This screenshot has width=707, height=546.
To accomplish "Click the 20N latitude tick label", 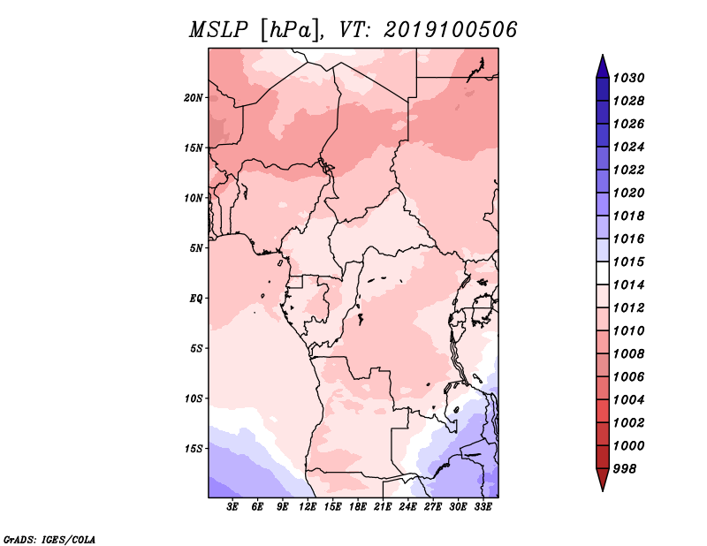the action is click(x=194, y=98).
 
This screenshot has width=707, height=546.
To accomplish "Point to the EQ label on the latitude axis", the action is click(x=195, y=299).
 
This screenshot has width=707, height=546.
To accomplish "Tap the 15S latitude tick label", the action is click(x=194, y=449).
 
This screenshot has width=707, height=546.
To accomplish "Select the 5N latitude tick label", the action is click(x=196, y=248).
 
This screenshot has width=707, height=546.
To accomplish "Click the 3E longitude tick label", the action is click(x=232, y=507).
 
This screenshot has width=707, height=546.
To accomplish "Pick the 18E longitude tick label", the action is click(x=358, y=507).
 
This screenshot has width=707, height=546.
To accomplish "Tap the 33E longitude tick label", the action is click(x=483, y=507).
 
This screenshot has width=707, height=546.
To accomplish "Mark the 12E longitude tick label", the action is click(x=308, y=507).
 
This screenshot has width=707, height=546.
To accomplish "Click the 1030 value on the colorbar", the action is click(x=628, y=78).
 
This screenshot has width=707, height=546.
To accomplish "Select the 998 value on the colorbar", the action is click(x=625, y=469).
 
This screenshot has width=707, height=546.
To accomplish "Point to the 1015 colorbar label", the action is click(x=628, y=262).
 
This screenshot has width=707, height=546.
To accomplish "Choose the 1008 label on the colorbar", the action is click(x=628, y=354).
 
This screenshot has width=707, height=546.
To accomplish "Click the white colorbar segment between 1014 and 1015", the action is click(x=603, y=273).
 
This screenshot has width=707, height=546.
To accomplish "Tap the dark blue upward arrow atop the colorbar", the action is click(x=603, y=66).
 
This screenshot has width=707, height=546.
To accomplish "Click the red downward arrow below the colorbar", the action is click(x=603, y=480).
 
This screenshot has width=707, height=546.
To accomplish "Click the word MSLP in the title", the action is click(x=218, y=30).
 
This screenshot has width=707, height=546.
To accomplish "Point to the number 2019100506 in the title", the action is click(x=451, y=30).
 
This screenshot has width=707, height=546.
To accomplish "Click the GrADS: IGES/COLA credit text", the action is click(x=49, y=540).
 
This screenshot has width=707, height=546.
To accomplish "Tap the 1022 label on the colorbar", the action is click(x=628, y=170).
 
